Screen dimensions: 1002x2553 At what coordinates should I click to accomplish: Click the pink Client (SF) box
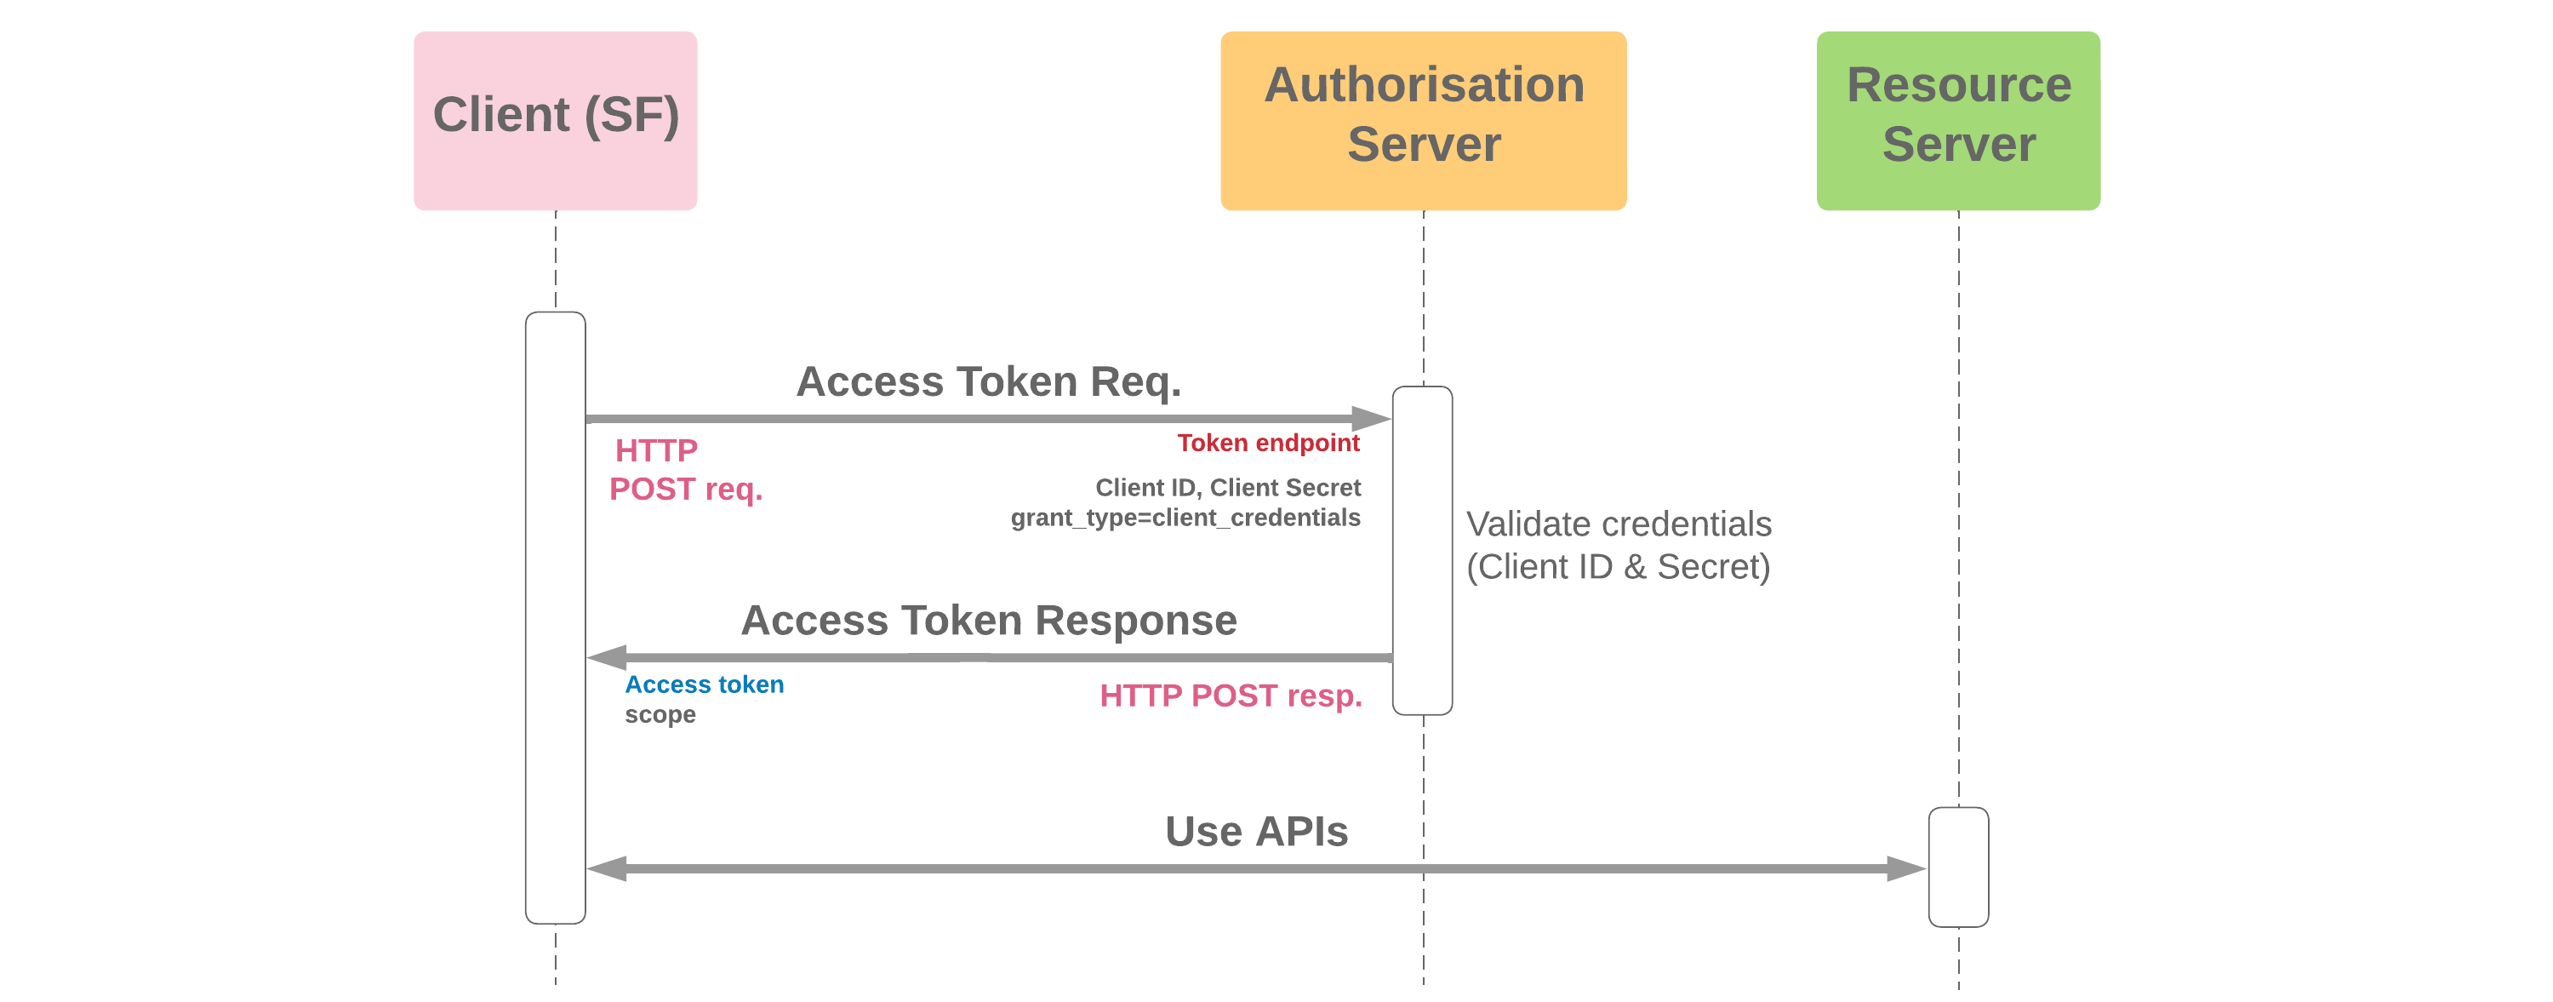coord(555,120)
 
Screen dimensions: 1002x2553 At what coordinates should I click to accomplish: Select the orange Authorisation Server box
coord(1423,120)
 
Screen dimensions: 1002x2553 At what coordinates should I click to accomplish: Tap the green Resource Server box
coord(1957,120)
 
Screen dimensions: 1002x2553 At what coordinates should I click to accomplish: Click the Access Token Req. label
coord(988,381)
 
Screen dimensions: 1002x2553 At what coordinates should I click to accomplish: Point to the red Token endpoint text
coord(1268,443)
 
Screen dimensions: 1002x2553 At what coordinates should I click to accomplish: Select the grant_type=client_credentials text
coord(1185,518)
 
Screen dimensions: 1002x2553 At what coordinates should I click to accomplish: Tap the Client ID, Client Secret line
coord(1227,488)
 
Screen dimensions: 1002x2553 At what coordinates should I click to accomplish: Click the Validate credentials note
coord(1618,545)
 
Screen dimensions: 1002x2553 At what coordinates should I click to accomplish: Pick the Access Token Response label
coord(988,621)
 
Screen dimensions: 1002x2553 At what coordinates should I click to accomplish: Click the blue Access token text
coord(704,684)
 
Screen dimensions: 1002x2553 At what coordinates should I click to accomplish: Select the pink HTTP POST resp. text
coord(1230,696)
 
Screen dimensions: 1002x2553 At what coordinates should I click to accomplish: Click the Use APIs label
coord(1256,832)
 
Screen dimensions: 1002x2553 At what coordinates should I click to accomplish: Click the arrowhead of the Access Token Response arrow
coord(608,657)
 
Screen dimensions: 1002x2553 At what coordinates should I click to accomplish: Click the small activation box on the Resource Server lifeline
coord(1957,867)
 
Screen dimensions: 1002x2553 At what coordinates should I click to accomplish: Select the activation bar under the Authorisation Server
coord(1422,550)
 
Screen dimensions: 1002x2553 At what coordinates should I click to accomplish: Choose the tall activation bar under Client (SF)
coord(555,616)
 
